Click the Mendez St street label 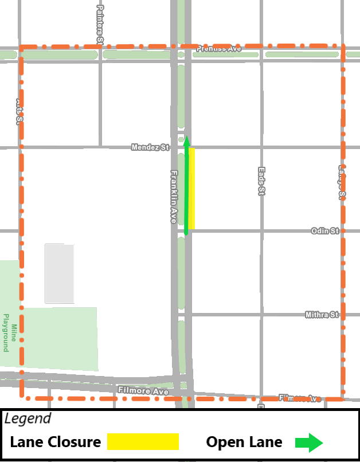coord(150,147)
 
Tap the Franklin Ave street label coord(174,197)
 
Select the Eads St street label coord(261,181)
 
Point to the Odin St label coord(325,230)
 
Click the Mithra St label coord(323,315)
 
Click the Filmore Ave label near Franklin coord(143,391)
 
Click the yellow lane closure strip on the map coord(191,188)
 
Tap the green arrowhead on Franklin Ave coord(186,141)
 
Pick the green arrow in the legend coord(309,442)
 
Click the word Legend coord(28,418)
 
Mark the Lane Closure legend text coord(55,442)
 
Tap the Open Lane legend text coord(244,442)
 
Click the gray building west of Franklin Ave coord(60,273)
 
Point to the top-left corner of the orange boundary coord(21,47)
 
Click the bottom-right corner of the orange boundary coord(343,398)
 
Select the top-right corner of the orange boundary coord(343,45)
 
